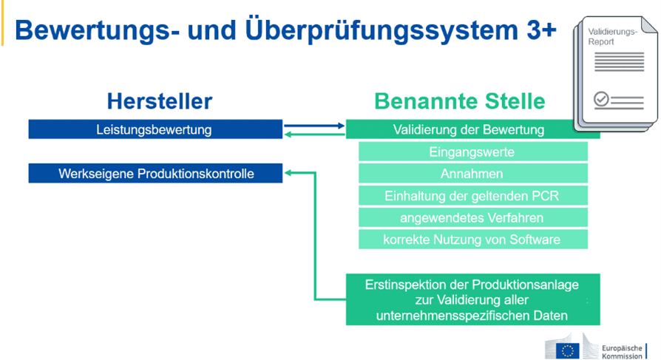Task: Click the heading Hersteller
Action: tap(159, 101)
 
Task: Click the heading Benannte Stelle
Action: tap(459, 101)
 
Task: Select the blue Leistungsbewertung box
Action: tap(155, 129)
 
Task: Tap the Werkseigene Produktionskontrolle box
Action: tap(155, 174)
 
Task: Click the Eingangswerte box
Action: tap(472, 152)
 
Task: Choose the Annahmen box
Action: tap(472, 174)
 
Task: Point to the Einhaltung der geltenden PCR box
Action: tap(472, 196)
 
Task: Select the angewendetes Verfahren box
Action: tap(472, 217)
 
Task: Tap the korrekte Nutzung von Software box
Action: tap(472, 240)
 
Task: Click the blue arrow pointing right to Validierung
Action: tap(314, 126)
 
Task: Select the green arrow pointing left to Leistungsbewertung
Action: tap(314, 135)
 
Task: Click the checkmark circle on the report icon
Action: tap(601, 98)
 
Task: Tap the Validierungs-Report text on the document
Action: tap(610, 37)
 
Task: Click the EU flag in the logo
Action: tap(568, 349)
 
